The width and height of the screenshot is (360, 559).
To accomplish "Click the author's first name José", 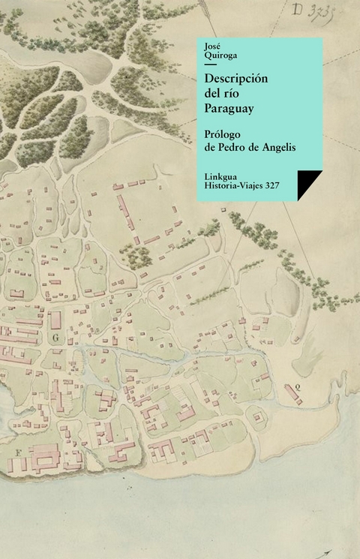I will [212, 46].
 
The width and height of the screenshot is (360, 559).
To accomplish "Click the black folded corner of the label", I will [307, 183].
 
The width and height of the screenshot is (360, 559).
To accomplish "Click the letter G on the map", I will [55, 338].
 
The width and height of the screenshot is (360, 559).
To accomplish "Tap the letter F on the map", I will [16, 452].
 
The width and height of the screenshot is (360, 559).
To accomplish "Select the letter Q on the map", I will [298, 387].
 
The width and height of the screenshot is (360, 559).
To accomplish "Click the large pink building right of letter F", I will [43, 457].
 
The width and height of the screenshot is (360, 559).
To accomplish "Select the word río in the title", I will [234, 93].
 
